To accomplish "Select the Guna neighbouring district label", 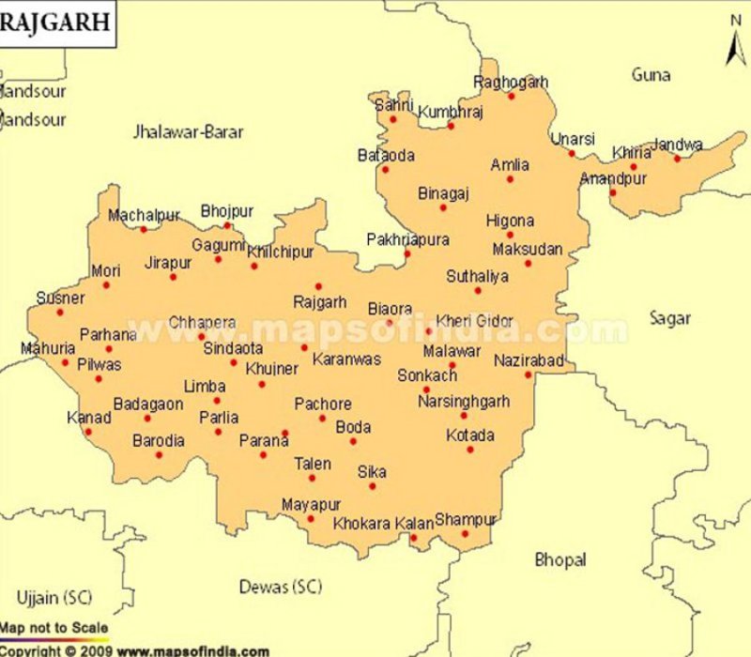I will click(651, 75).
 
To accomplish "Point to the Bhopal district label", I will click(560, 560).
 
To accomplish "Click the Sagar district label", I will click(670, 318).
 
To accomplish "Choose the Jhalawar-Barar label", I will click(189, 132).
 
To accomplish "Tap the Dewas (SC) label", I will click(280, 588).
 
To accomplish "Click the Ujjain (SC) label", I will click(54, 597).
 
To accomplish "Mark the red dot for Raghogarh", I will click(512, 96).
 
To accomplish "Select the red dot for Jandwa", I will click(677, 159).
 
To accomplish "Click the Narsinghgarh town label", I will click(464, 402).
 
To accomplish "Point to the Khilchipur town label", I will click(280, 252).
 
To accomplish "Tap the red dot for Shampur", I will click(465, 534).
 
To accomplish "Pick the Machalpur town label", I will click(144, 216).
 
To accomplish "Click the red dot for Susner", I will click(59, 313).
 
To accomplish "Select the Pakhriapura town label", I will click(407, 240).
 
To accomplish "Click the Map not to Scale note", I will click(54, 628).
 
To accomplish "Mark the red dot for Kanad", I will click(88, 432).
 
